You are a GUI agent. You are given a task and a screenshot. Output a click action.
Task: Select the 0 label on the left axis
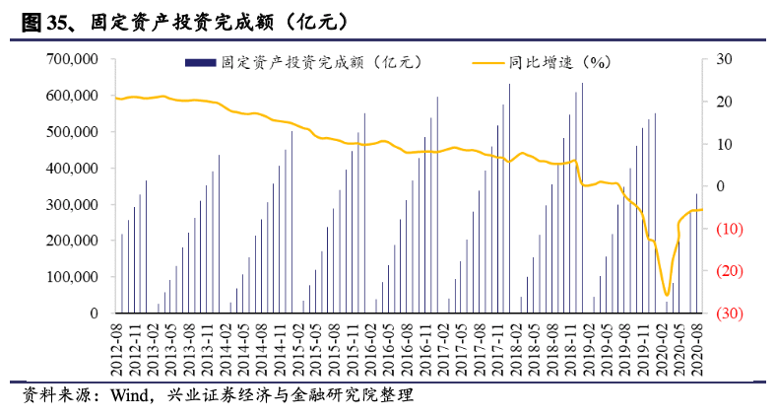[x=94, y=313]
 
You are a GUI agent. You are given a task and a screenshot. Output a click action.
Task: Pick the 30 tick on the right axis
[x=723, y=60]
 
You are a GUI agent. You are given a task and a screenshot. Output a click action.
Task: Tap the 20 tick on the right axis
[x=723, y=102]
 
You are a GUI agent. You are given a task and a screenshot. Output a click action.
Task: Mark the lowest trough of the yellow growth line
[x=667, y=295]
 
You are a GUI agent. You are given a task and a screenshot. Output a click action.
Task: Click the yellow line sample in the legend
[x=485, y=62]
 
